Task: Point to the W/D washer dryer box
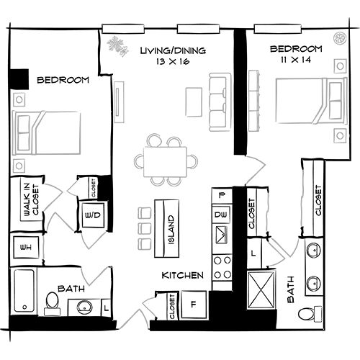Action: [x=92, y=215]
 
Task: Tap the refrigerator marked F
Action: [x=194, y=303]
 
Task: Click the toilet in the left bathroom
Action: [x=52, y=302]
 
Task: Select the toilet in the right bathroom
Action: [x=308, y=312]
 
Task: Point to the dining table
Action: [x=165, y=159]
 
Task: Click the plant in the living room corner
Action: [x=114, y=46]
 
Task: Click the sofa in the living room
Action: [x=216, y=99]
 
